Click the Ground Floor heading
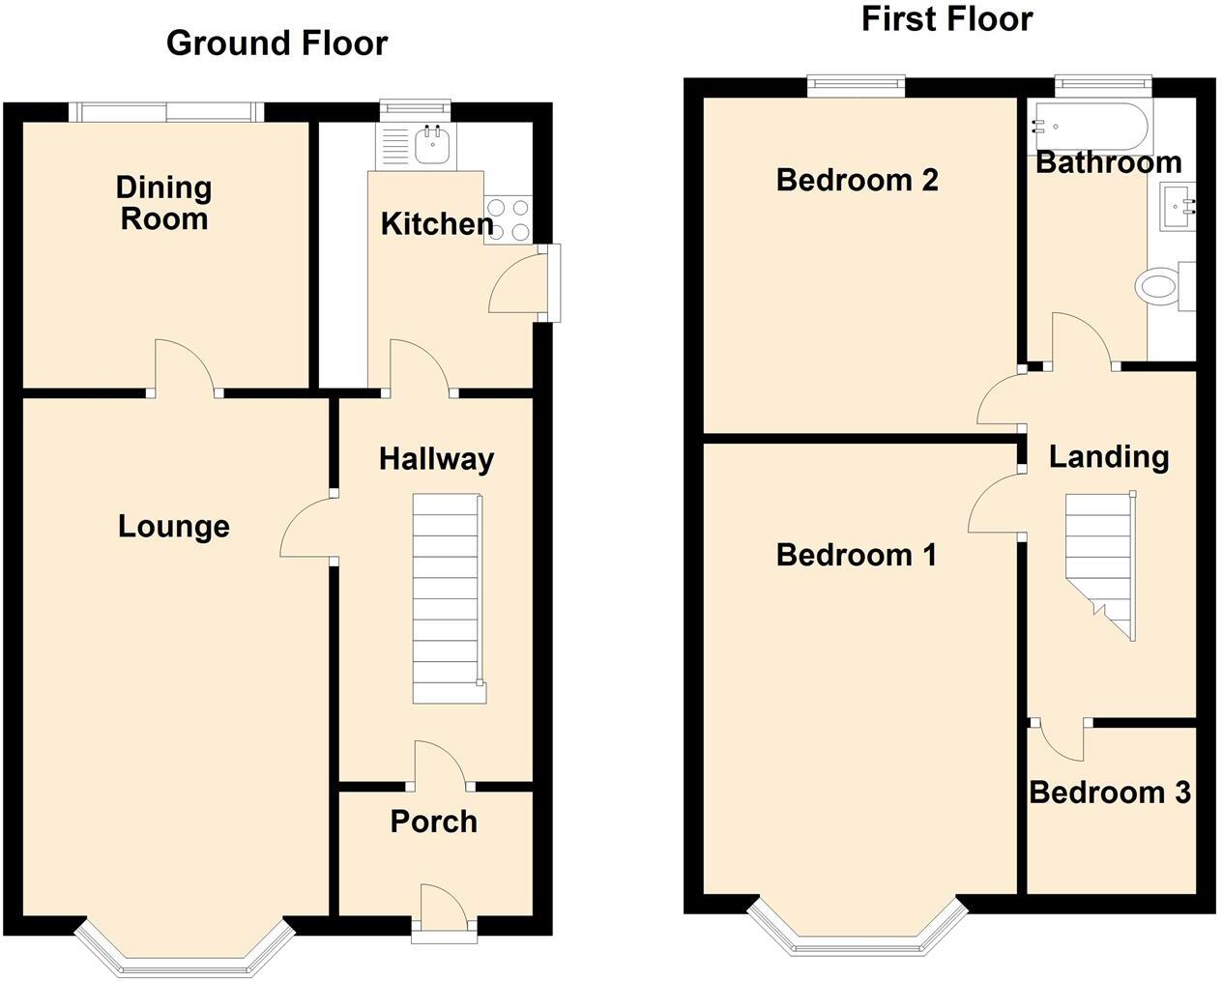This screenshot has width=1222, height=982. coord(276,43)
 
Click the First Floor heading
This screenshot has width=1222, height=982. coord(946,19)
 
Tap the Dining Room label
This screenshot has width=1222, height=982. coord(163,203)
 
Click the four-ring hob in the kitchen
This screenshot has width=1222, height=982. coord(509,219)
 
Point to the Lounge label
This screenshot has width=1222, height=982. coord(174,527)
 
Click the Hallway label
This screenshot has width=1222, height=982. coord(436,459)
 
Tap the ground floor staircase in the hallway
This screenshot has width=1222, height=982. coord(448,599)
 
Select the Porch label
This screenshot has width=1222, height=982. coord(433,822)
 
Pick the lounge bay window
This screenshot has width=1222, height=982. coord(184,952)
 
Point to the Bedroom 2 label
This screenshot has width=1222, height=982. coord(857,180)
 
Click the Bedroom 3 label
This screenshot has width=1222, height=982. coord(1109,793)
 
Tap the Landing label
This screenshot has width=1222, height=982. coord(1109,456)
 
